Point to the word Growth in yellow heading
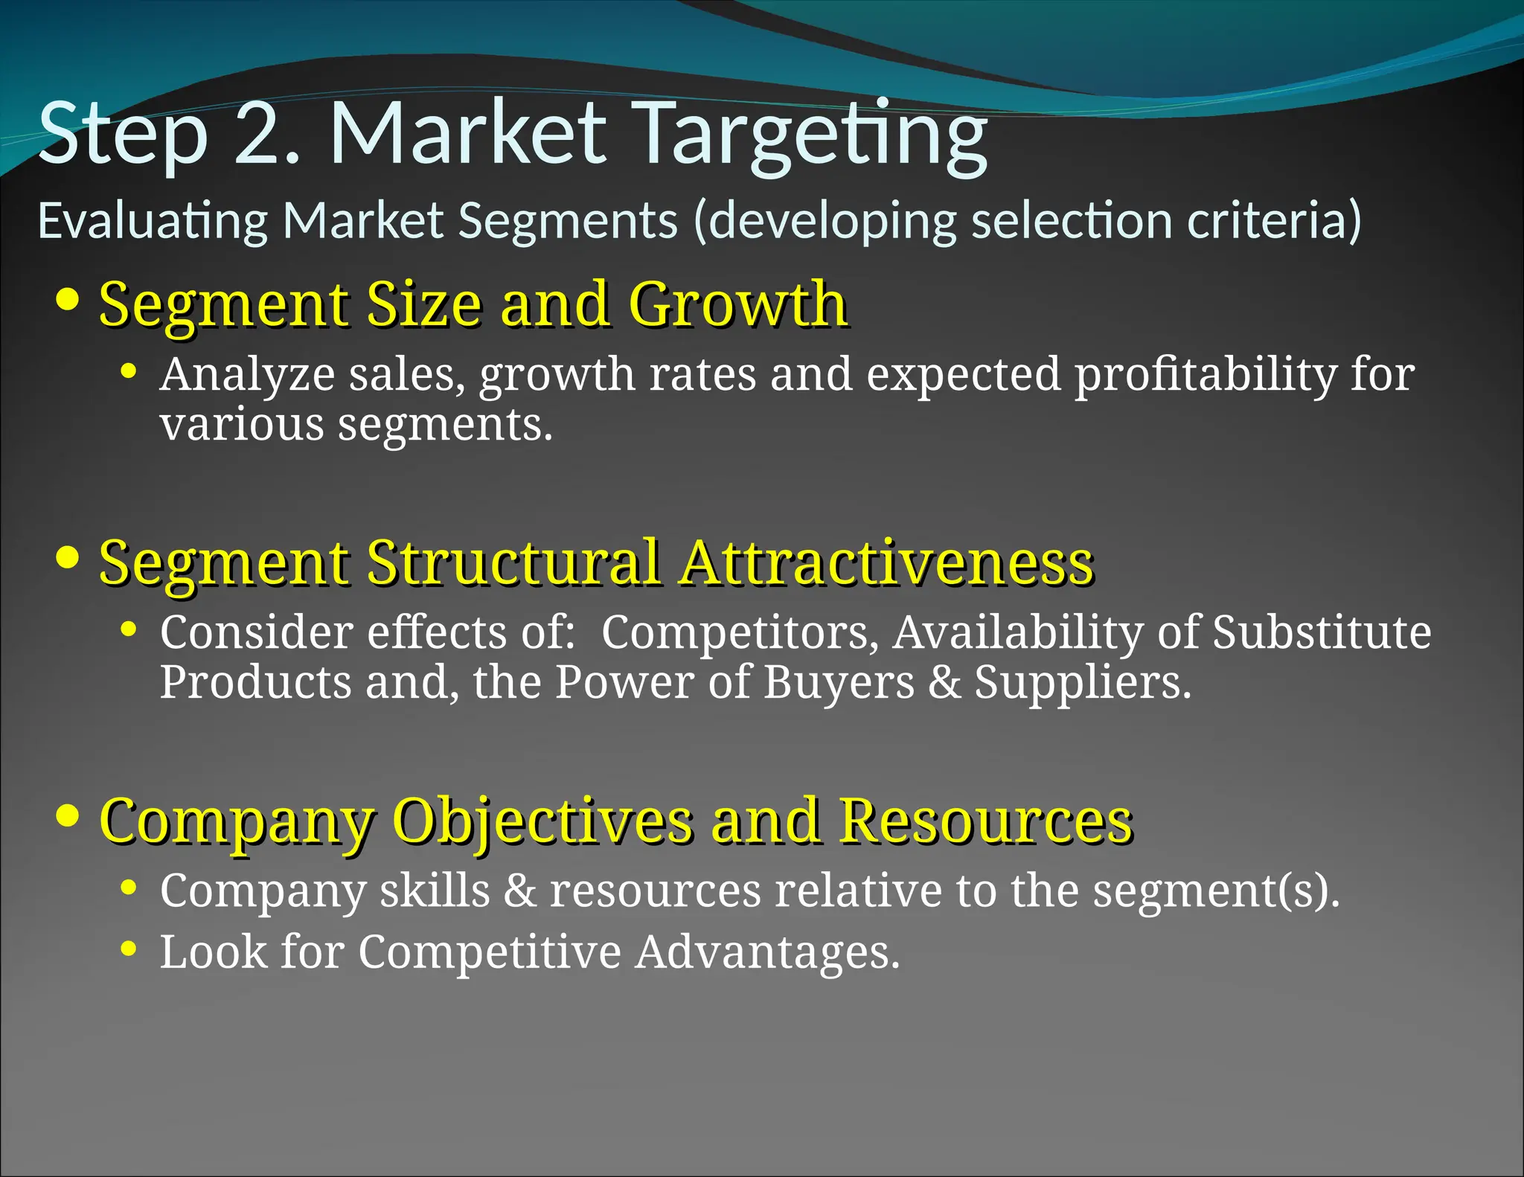pos(737,304)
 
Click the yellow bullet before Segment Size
pos(68,299)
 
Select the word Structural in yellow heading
pos(513,562)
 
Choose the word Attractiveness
pos(886,562)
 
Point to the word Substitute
pos(1322,632)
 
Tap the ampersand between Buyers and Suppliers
pos(944,682)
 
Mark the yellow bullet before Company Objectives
pos(68,815)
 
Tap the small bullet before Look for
pos(129,949)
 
